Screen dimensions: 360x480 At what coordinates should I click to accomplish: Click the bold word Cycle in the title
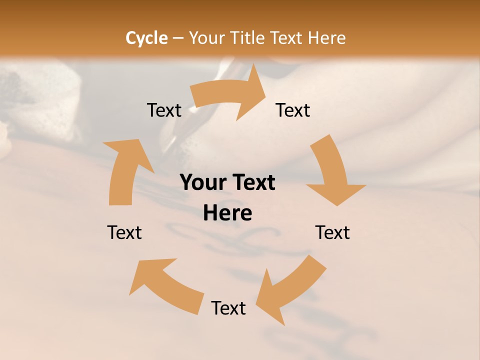point(146,38)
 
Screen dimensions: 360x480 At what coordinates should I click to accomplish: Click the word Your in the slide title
point(206,38)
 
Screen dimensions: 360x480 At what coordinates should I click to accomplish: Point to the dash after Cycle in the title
point(177,38)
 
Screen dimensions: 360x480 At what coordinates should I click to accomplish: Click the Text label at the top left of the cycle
point(164,110)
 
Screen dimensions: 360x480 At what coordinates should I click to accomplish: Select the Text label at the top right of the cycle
point(293,110)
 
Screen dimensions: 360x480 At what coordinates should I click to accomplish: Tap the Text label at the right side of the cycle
point(332,232)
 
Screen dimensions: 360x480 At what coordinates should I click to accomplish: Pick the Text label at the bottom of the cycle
point(228,308)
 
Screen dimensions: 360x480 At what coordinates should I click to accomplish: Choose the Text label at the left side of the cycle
point(124,232)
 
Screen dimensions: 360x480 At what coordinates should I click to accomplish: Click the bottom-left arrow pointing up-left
point(165,285)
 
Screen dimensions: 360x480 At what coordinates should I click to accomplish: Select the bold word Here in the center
point(227,213)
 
